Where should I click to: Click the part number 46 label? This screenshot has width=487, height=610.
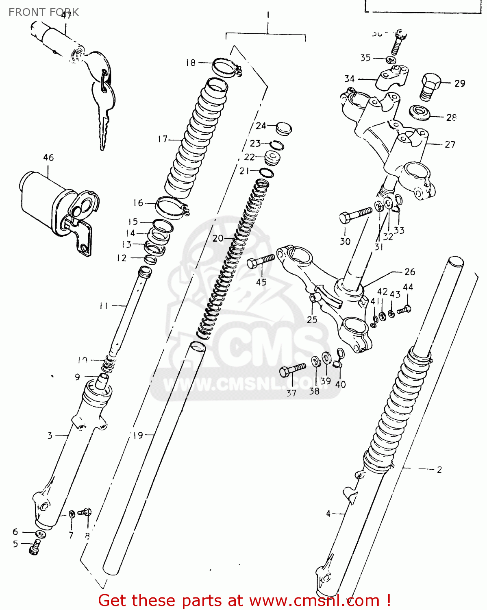(48, 157)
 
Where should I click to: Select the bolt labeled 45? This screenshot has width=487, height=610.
(261, 261)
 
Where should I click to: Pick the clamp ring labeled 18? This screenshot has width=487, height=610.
(226, 67)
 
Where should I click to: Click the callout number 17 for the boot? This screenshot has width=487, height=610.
(163, 139)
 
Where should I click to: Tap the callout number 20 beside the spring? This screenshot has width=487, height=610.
(218, 238)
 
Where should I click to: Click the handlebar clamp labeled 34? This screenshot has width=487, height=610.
(391, 78)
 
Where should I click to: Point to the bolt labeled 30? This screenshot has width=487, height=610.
(355, 215)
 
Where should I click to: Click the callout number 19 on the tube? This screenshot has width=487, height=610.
(138, 435)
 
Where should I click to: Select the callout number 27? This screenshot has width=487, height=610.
(450, 144)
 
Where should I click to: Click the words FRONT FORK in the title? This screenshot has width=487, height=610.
(43, 12)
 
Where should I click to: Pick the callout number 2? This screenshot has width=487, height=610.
(439, 470)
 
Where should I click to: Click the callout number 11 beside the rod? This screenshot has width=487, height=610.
(104, 305)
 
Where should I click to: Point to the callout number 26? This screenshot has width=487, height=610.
(409, 272)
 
